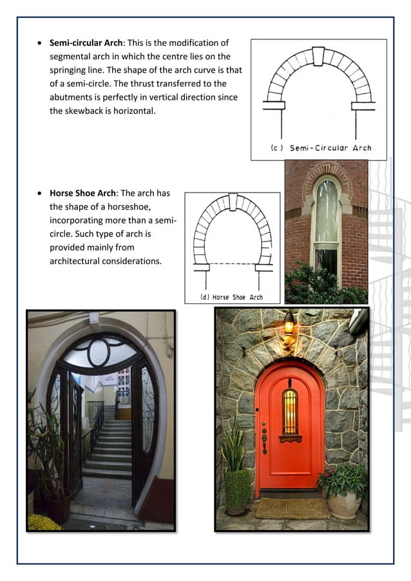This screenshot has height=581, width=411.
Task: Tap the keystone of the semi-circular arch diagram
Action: click(318, 55)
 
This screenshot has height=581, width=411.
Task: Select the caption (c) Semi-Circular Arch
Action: click(320, 148)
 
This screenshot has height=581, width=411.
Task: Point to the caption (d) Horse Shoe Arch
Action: click(232, 297)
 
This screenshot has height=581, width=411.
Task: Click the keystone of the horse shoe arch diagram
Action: click(233, 201)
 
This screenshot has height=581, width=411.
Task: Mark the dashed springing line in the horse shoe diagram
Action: click(232, 263)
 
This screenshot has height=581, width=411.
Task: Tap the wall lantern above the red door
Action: click(289, 324)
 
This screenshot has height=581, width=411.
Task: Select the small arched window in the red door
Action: click(291, 412)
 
